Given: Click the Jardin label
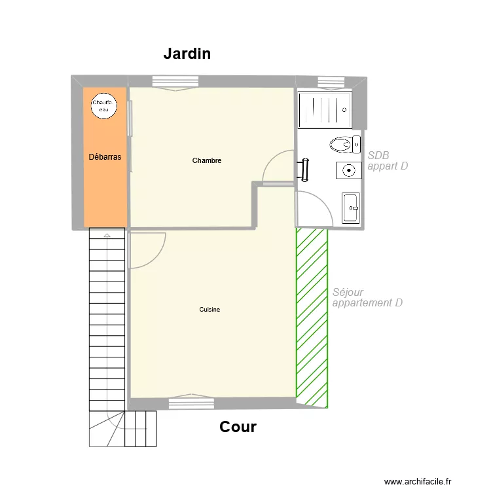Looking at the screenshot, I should point(187,54).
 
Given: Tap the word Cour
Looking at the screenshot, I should point(238,427).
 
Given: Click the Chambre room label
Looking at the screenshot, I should point(207,160).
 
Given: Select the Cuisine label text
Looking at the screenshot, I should point(209,310).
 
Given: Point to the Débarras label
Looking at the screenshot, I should point(105,157).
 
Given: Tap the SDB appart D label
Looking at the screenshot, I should point(388,161).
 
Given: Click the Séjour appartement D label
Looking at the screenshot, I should point(367,298).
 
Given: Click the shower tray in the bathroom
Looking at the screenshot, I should point(325,110).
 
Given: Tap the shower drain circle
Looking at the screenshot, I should point(345,110).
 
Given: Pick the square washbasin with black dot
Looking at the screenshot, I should point(349,170).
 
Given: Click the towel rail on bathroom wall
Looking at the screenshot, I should point(304,169).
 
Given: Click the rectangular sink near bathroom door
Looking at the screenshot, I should point(350,208).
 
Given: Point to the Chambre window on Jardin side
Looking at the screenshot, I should point(175,82).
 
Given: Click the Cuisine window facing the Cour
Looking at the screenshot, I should point(191,401).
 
